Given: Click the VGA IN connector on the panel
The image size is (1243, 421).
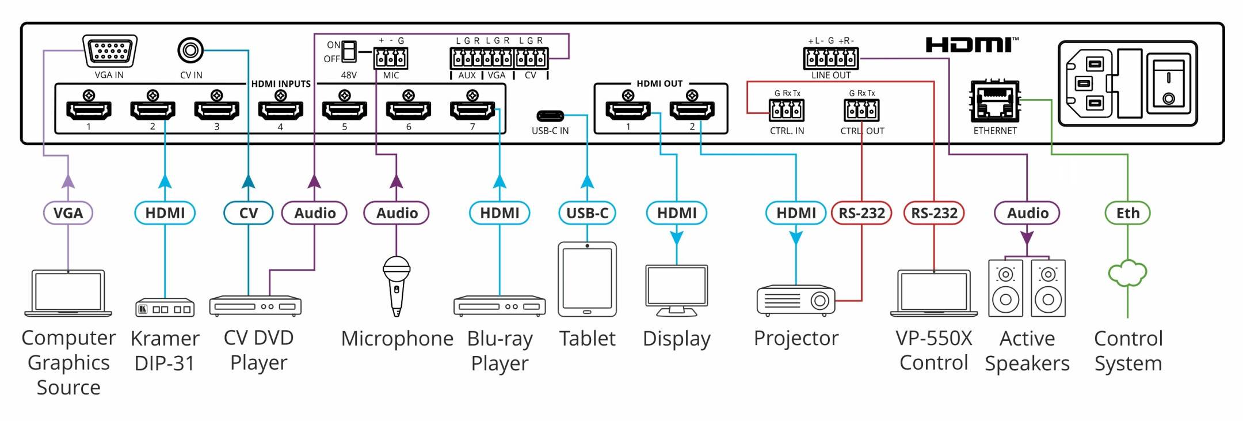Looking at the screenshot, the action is [x=110, y=51].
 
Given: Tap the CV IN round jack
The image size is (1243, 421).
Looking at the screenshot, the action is [x=190, y=51].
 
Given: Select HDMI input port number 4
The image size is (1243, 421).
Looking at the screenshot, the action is [x=280, y=109].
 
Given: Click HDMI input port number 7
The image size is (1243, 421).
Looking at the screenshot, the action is [x=472, y=109].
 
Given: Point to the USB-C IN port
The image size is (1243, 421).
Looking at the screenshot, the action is [x=550, y=116].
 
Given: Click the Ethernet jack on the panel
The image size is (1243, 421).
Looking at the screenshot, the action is [x=995, y=101].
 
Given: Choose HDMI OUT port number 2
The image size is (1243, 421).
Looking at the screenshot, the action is [x=692, y=109].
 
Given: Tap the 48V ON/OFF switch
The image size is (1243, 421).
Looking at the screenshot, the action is [x=349, y=51].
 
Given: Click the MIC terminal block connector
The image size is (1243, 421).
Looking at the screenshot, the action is [x=391, y=58].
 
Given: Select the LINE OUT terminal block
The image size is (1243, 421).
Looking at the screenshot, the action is [x=831, y=58].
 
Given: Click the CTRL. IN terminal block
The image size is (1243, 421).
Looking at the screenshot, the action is [x=787, y=109].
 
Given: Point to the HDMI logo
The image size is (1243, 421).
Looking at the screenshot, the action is [x=972, y=44].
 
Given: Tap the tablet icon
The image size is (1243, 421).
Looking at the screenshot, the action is [x=587, y=279].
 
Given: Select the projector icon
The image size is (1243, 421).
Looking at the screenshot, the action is [x=796, y=300].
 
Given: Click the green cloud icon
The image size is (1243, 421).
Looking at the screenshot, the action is [x=1128, y=274].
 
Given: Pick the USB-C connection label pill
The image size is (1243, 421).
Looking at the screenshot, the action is [x=587, y=213].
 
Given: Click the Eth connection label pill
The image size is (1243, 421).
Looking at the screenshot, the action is [x=1128, y=213].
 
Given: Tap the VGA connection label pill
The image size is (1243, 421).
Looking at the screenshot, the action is [x=68, y=213].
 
